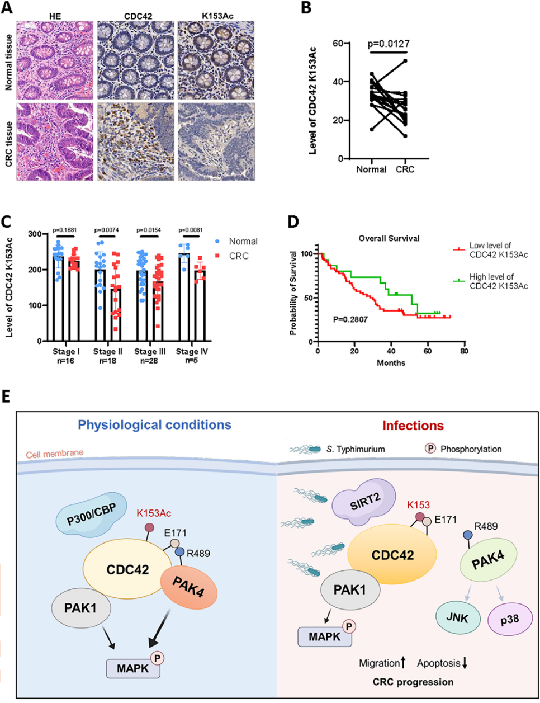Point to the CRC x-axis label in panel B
tap(405, 169)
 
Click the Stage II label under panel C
tap(107, 352)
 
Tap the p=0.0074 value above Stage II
tap(106, 230)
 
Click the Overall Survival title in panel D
tap(389, 238)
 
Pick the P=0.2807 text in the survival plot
tap(350, 320)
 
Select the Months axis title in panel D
tap(391, 362)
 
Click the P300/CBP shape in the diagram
tap(86, 515)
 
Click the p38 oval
tap(509, 620)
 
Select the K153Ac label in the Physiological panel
tap(154, 512)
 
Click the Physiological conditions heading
tap(154, 425)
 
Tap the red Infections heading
tap(413, 426)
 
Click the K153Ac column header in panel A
tap(217, 16)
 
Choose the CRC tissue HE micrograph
tap(55, 141)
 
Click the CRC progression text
tap(413, 682)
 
